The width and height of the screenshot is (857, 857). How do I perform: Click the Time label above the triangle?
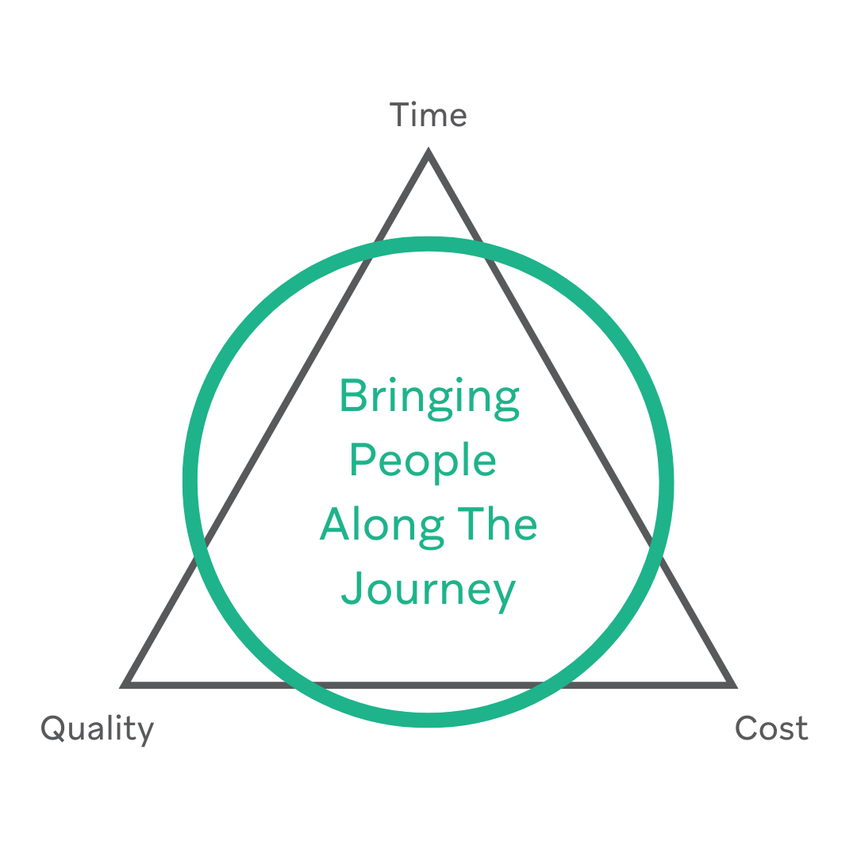pos(428,116)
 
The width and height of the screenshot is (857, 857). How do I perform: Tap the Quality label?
pos(97,728)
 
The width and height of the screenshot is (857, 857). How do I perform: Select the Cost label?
pos(771,728)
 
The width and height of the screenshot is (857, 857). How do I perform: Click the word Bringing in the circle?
pos(429,397)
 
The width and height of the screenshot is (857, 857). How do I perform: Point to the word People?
pos(423,461)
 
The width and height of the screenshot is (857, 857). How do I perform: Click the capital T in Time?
pos(401,116)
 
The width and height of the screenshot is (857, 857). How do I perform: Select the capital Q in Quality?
pos(54,728)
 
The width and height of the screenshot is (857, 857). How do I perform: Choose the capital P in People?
pos(361,460)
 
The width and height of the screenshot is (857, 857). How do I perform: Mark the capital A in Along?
pos(335,525)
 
